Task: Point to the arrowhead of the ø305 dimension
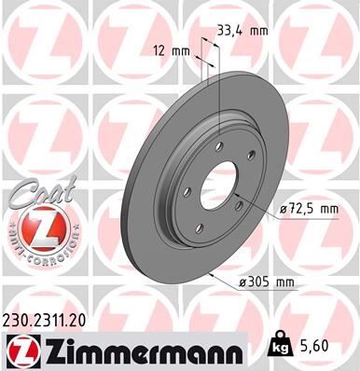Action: click(x=214, y=273)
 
